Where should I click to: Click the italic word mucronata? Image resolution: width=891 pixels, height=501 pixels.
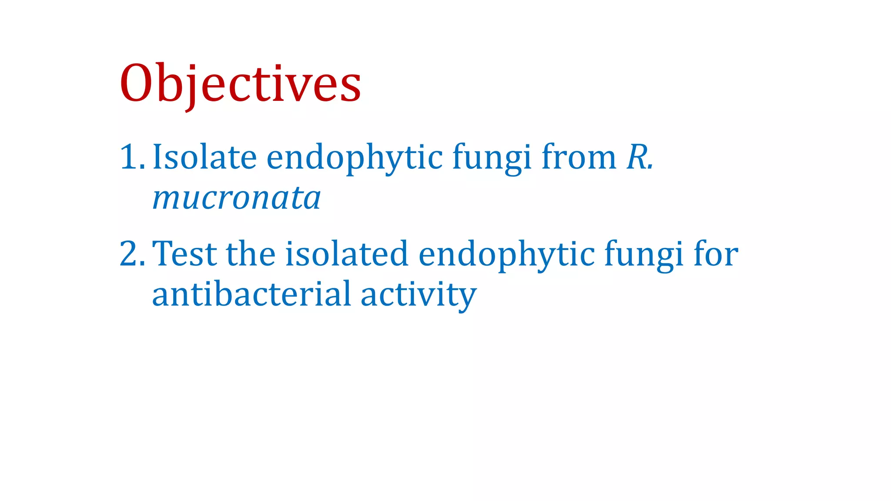pyautogui.click(x=237, y=198)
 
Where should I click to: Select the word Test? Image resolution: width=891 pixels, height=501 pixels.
pyautogui.click(x=184, y=254)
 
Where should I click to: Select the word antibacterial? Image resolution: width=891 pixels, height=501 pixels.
pyautogui.click(x=251, y=294)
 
